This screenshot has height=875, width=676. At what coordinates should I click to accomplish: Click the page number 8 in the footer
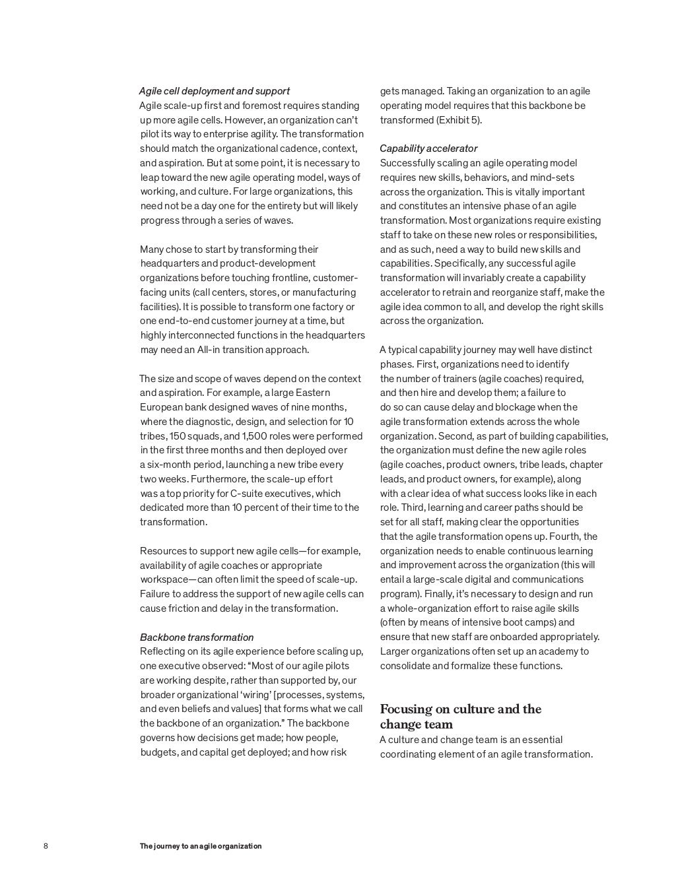point(46,846)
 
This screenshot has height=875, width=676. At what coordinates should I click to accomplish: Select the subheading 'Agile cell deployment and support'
point(215,91)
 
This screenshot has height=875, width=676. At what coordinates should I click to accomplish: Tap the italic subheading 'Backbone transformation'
point(197,637)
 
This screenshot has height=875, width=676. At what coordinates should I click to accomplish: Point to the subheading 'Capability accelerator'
point(428,148)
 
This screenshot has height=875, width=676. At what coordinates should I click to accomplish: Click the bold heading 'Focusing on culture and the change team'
point(460,717)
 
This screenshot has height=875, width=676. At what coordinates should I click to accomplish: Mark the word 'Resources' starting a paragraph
point(162,551)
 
